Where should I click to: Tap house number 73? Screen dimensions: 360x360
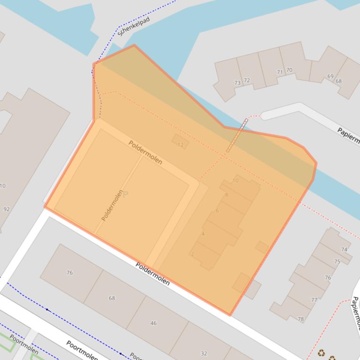coord(237,83)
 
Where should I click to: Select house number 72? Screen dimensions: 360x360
coord(247,80)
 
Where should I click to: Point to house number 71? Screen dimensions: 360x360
coord(280,72)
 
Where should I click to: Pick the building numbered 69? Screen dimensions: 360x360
coord(331,76)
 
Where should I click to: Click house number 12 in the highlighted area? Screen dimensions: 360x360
coord(181,145)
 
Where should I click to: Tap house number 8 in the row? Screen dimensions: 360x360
coord(227,195)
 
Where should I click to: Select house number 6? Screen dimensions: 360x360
coord(217,211)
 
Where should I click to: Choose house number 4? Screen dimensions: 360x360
coord(203,234)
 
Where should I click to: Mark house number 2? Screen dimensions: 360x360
coord(192,254)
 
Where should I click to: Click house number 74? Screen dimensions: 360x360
coord(345,250)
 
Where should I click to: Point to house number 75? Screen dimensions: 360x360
coord(337,262)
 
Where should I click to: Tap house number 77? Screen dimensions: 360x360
coord(314,300)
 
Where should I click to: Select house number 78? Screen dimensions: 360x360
coord(301,319)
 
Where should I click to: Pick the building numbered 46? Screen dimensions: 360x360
coord(153,323)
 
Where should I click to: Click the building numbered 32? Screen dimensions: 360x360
coord(204,353)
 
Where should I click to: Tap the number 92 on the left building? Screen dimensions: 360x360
coord(6,209)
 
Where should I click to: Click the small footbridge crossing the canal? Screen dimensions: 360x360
coord(237,136)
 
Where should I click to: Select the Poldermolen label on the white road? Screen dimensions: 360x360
coord(152,273)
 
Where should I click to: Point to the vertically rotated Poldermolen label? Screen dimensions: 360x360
coord(112,205)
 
